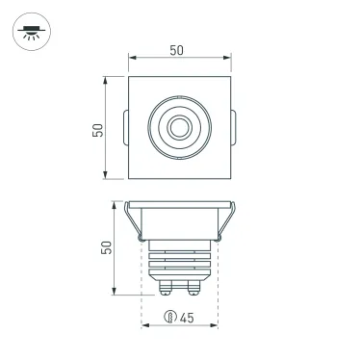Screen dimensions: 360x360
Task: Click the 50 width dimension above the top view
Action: tap(180, 49)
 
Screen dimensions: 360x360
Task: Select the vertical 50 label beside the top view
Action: tap(98, 129)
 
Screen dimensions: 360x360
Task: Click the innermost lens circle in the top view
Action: tap(179, 126)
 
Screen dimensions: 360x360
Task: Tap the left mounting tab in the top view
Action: tap(126, 127)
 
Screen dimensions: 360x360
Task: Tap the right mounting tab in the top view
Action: tap(234, 127)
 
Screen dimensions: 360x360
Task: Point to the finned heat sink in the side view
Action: tap(180, 260)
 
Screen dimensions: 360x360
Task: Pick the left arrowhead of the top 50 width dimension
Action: tap(131, 61)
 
